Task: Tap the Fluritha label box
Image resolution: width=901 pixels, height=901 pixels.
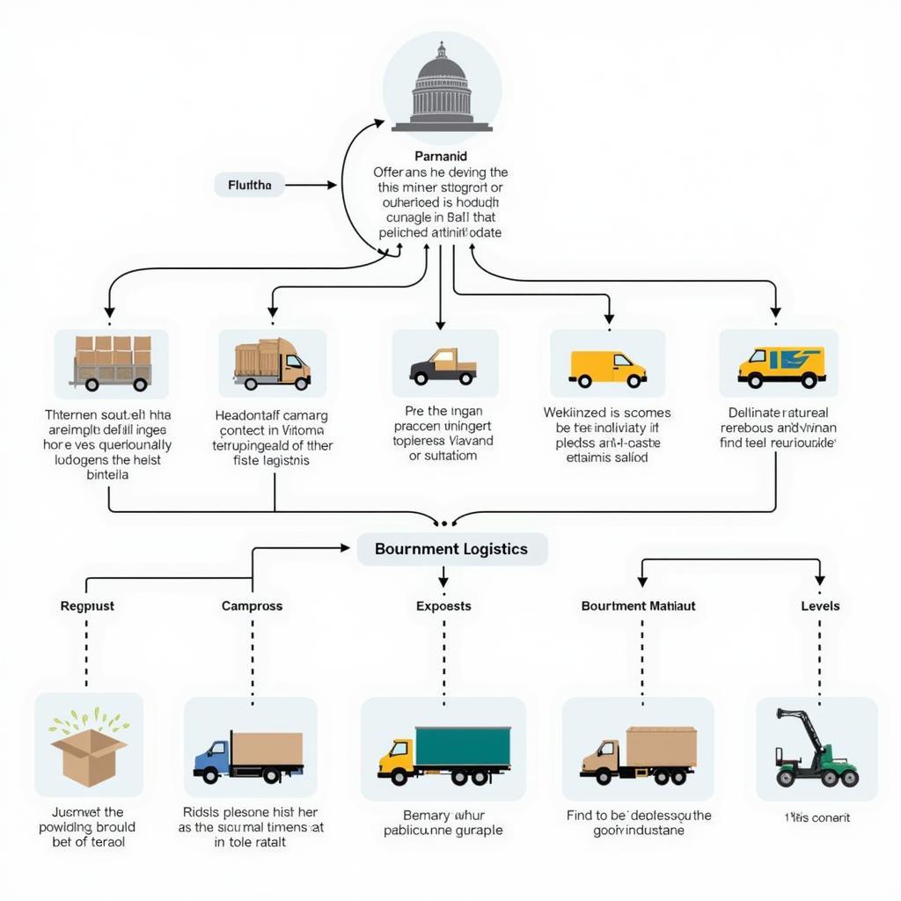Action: click(x=249, y=185)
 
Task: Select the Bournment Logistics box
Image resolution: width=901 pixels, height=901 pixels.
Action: click(x=451, y=549)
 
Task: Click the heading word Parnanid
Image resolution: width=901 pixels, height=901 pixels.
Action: click(x=440, y=156)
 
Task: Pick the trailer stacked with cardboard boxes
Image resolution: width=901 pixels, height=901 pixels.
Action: click(x=112, y=363)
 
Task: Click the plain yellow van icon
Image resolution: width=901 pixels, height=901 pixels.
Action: click(x=607, y=368)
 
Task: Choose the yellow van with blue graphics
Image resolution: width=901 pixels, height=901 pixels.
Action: click(x=780, y=366)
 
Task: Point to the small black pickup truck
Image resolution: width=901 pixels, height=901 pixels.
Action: click(x=443, y=366)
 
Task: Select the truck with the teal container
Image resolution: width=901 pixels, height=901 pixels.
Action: click(x=445, y=755)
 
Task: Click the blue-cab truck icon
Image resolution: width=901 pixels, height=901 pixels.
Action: click(x=249, y=756)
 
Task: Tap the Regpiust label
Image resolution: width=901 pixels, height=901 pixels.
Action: click(x=87, y=606)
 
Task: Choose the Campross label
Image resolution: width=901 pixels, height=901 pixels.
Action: click(x=252, y=606)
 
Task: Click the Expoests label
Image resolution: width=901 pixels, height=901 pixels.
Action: click(x=443, y=606)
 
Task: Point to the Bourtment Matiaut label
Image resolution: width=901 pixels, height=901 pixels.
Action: click(x=638, y=606)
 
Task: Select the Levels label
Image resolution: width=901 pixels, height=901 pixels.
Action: click(x=820, y=606)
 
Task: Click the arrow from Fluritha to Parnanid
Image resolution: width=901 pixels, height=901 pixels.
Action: click(x=311, y=185)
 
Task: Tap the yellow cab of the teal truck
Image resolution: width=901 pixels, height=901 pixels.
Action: click(x=397, y=758)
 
